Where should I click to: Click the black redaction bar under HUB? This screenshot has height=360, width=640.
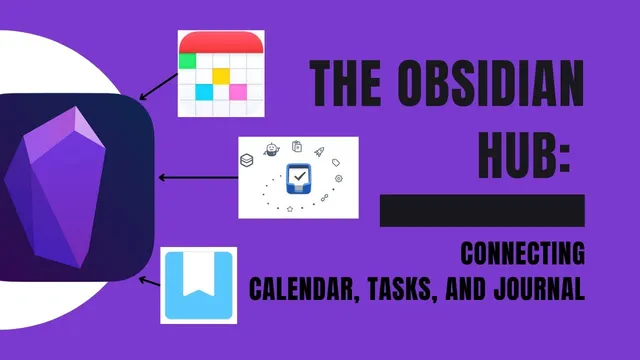pos(481,210)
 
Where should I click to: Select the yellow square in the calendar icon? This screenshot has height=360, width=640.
pos(221,75)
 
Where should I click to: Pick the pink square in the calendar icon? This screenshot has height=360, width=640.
pos(238,92)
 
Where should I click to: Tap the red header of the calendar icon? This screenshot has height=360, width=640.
pos(221,41)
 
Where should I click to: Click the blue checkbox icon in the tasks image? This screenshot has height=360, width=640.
pos(299,178)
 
